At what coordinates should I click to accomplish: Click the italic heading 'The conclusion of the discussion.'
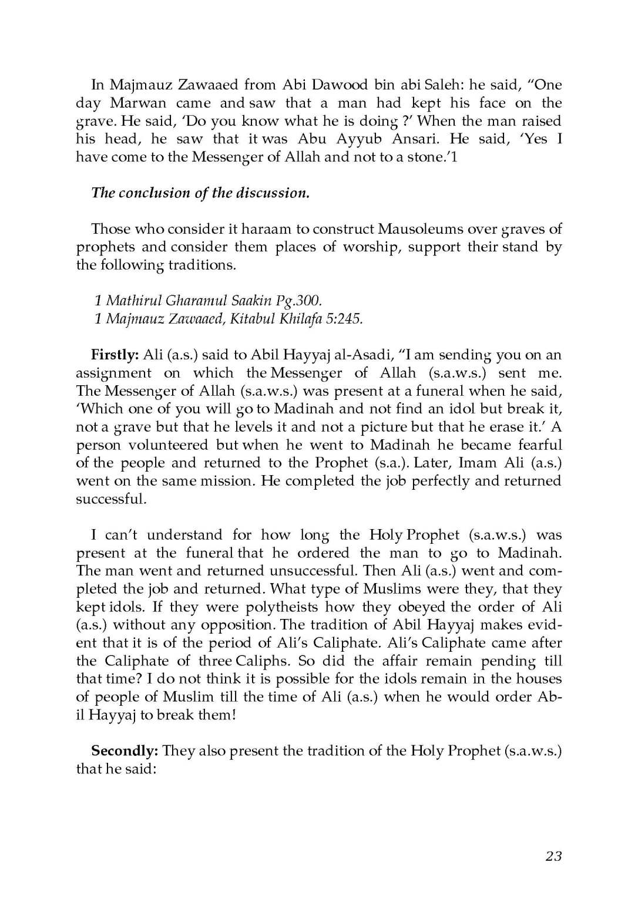200,193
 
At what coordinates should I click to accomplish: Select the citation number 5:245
344,319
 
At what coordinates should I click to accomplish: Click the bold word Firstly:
115,355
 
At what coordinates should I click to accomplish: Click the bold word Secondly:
124,751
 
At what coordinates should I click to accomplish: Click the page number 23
553,856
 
